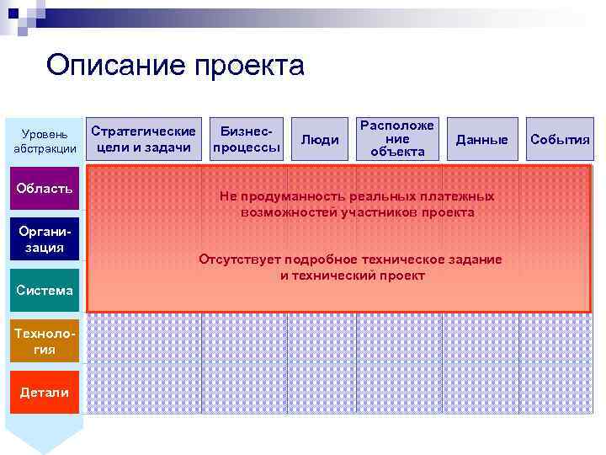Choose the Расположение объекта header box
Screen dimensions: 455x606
[396, 138]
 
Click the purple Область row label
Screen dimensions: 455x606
[45, 188]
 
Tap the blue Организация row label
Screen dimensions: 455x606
[45, 240]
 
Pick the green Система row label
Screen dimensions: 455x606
[45, 291]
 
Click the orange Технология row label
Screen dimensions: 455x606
[45, 341]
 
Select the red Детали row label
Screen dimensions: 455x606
[45, 393]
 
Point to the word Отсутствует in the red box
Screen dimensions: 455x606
[239, 260]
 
